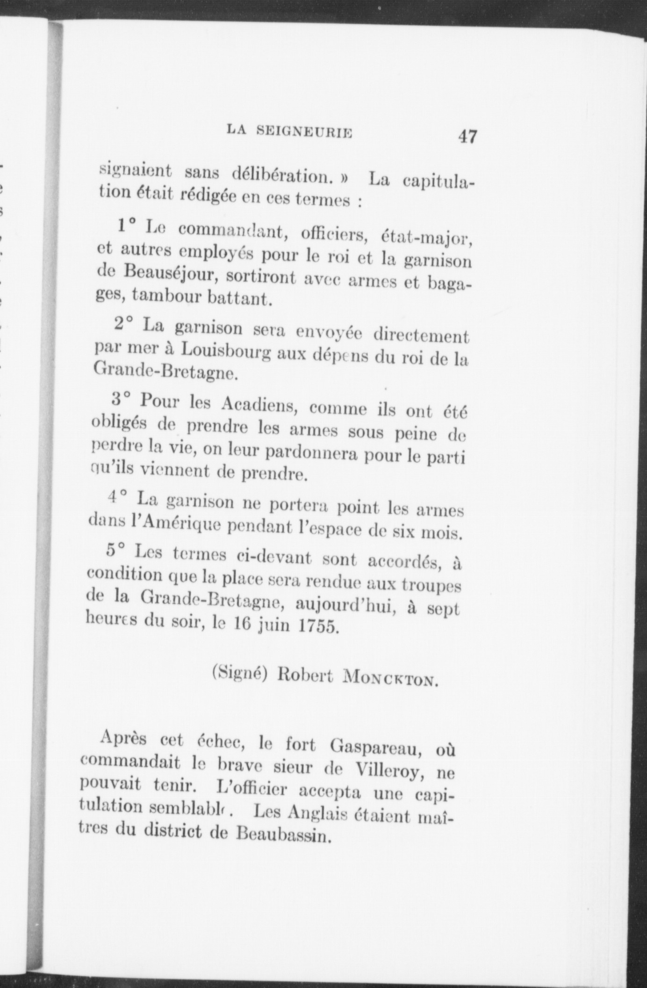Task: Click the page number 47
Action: point(467,137)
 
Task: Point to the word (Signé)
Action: point(239,672)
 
